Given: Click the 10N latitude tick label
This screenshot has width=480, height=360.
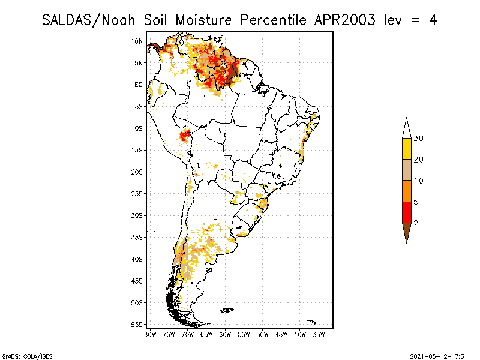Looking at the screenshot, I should [x=137, y=41].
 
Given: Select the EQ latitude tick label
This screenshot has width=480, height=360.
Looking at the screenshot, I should [x=139, y=85].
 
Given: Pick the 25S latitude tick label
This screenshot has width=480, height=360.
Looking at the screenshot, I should [x=137, y=194].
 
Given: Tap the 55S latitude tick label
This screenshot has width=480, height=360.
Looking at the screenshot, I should [x=137, y=325].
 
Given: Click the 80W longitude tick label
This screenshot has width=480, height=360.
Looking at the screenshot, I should [x=150, y=334].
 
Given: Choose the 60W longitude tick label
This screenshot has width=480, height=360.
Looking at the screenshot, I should [x=225, y=334].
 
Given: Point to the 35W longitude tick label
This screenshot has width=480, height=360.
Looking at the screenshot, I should [x=319, y=334].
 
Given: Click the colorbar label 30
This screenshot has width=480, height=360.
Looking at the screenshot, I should [x=419, y=139].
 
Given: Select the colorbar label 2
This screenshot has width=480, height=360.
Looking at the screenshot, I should [x=416, y=223].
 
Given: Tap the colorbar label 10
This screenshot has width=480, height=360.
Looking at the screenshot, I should [x=419, y=181].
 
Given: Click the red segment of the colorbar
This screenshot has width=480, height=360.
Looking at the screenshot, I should [x=407, y=212].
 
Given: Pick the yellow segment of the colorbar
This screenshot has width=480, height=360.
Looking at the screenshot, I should [x=407, y=149].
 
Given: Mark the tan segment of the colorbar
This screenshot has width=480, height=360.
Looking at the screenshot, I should [x=407, y=170].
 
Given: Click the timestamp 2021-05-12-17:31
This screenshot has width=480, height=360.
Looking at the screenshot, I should [x=439, y=356].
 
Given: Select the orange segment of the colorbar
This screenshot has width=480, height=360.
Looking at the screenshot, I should [x=407, y=191].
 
